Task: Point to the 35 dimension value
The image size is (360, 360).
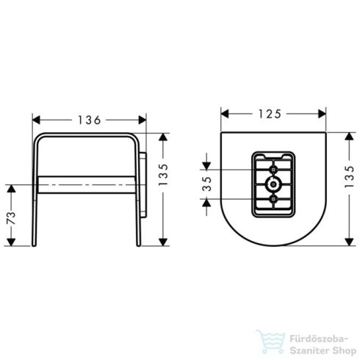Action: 208,185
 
